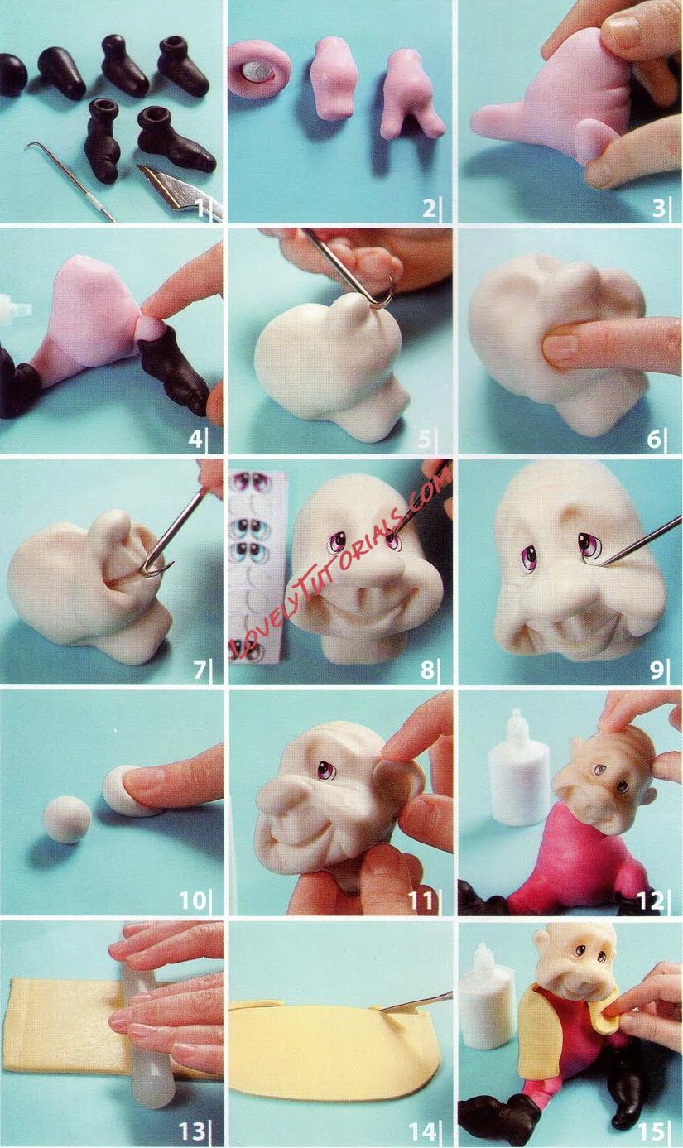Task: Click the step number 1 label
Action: [x=200, y=209]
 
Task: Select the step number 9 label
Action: [x=656, y=670]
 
